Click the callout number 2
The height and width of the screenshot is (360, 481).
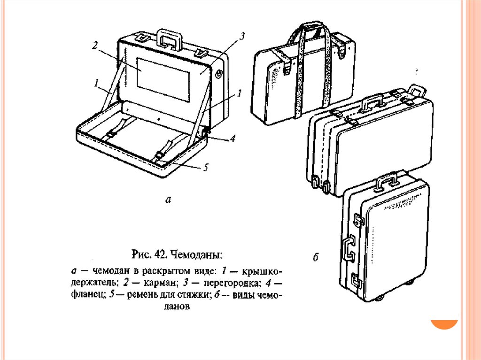(95, 46)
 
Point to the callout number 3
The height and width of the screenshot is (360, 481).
(242, 37)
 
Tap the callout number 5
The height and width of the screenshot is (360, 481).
(205, 168)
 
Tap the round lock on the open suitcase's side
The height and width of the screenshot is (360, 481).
(219, 73)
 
